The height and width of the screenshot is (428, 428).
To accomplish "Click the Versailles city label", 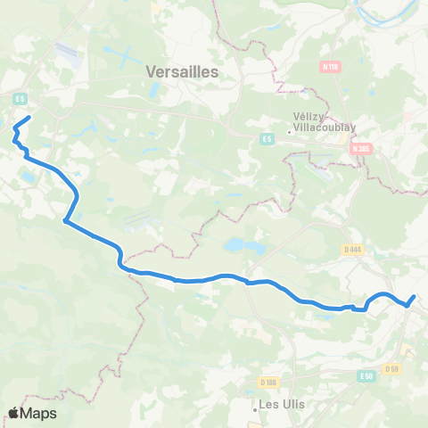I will pyautogui.click(x=182, y=71).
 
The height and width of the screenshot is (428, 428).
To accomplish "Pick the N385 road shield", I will pyautogui.click(x=360, y=149).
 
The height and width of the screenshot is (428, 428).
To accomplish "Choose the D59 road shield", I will pyautogui.click(x=391, y=368).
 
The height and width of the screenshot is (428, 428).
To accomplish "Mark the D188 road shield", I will pyautogui.click(x=267, y=383).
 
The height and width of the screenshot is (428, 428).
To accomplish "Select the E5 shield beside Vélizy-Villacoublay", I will pyautogui.click(x=267, y=139).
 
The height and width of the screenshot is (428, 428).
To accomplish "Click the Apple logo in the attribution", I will pyautogui.click(x=15, y=413).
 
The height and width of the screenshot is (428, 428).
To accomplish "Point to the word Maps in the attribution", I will pyautogui.click(x=40, y=413).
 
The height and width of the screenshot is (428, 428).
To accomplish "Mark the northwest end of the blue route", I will pyautogui.click(x=30, y=118).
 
